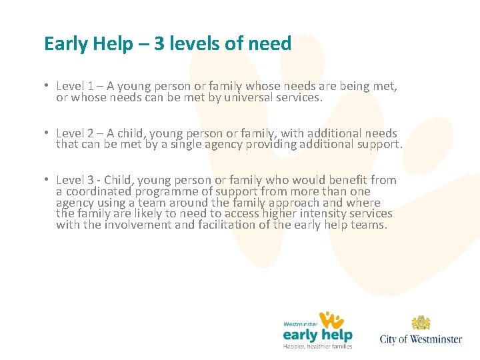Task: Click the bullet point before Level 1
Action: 47,86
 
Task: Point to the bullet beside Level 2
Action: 47,133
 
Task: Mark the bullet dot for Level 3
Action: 47,180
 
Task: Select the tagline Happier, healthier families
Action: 318,346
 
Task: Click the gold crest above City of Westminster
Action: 421,324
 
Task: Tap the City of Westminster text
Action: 421,339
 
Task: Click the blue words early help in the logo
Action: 317,335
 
